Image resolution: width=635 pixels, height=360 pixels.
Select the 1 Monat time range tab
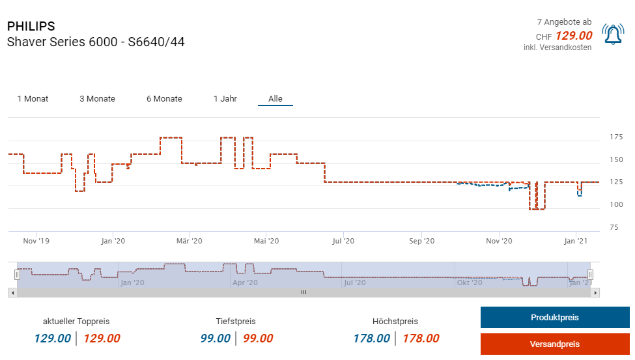[33, 99]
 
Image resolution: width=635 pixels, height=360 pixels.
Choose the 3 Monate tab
[97, 99]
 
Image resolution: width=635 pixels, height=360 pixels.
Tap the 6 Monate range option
[164, 99]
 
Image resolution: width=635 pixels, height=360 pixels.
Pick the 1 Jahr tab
[225, 99]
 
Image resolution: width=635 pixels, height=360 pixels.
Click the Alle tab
[275, 99]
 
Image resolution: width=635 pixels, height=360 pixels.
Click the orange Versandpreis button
[555, 344]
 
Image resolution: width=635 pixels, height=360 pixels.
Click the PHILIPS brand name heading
[31, 27]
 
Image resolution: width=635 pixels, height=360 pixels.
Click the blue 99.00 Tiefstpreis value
[216, 339]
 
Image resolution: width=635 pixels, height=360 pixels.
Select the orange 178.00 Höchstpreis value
[421, 339]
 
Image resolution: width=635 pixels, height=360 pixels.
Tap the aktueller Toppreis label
[76, 322]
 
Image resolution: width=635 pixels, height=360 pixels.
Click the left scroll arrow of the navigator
[12, 293]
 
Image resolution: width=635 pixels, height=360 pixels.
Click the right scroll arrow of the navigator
[595, 293]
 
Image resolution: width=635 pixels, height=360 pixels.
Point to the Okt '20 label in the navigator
[469, 283]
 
